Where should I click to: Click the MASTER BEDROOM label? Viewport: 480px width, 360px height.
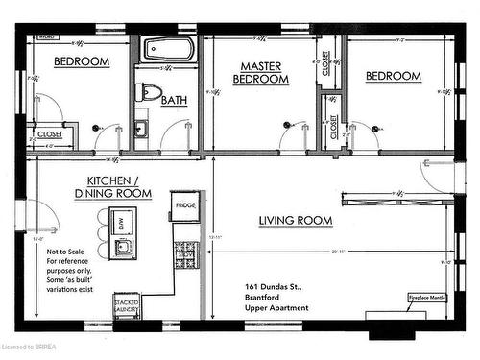[x=263, y=73]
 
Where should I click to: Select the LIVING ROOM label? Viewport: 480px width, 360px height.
[x=296, y=221]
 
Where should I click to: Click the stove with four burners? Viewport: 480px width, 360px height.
[x=185, y=254]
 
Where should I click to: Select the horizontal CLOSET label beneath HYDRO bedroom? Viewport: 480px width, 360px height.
[x=47, y=135]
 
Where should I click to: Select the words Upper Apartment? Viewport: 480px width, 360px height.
[x=277, y=308]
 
